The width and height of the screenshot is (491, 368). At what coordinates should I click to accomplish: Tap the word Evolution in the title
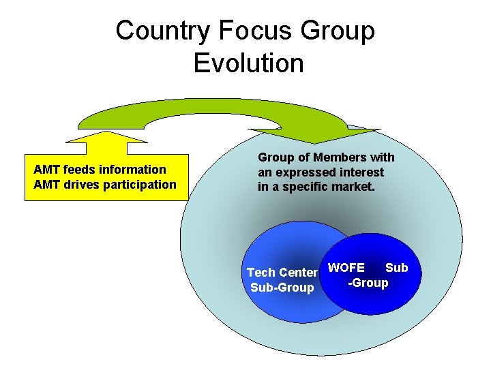[248, 63]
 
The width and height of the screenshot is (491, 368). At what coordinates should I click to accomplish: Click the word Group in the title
[339, 31]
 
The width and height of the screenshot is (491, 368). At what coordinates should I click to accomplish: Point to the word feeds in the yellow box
[72, 169]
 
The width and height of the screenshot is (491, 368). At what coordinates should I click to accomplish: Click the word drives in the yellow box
[72, 185]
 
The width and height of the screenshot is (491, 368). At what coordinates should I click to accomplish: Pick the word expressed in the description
[303, 172]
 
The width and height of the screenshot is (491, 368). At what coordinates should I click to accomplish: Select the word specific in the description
[299, 186]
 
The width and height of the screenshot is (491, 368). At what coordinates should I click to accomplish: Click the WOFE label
[346, 268]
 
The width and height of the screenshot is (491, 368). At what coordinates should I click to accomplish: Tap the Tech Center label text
[282, 273]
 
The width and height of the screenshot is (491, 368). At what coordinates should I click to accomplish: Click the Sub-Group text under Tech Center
[282, 288]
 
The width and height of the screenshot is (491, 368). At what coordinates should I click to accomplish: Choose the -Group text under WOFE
[368, 282]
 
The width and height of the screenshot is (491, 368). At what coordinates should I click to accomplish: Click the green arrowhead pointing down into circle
[314, 135]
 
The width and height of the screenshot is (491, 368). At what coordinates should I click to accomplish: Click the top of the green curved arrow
[211, 104]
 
